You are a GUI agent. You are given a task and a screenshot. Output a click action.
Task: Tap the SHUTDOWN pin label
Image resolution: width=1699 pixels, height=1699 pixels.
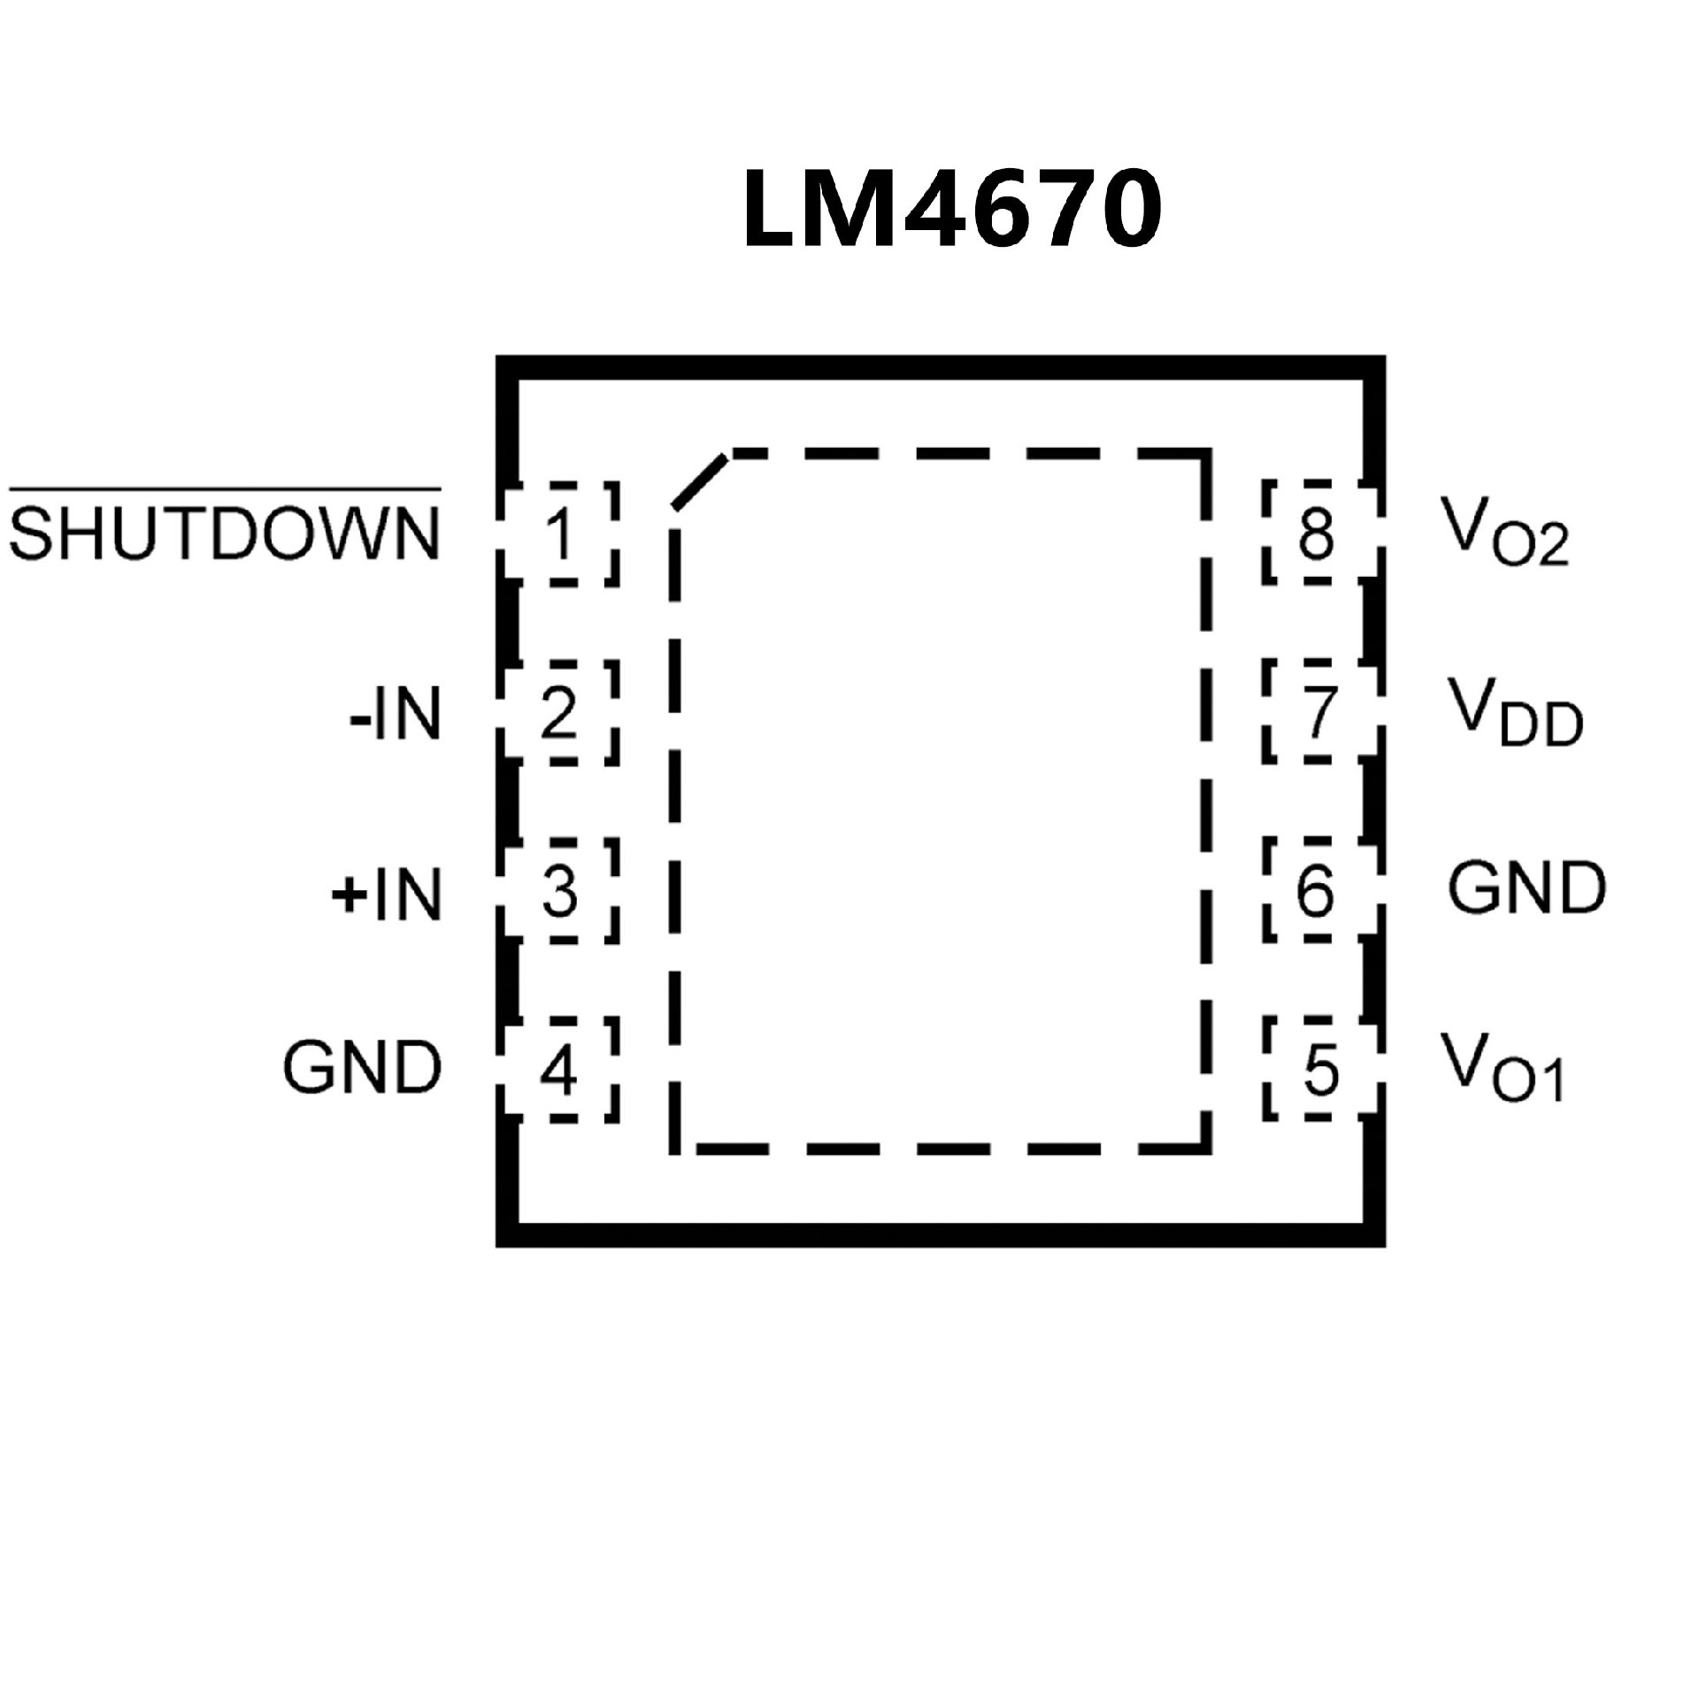(225, 534)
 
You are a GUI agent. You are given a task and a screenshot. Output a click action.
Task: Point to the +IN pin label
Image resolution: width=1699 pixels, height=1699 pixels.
(387, 895)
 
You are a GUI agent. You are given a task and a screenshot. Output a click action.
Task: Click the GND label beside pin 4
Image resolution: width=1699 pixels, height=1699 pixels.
(362, 1067)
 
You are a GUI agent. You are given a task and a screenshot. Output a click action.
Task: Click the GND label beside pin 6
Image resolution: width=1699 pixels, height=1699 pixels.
(1526, 888)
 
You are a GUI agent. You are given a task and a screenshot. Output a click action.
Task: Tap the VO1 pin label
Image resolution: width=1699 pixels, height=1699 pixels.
(1503, 1067)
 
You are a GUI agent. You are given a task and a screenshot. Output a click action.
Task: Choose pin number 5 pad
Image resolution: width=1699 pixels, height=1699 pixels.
(1319, 1070)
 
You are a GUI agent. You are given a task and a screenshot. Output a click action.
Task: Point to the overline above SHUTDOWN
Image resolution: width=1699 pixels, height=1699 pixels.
(225, 488)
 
